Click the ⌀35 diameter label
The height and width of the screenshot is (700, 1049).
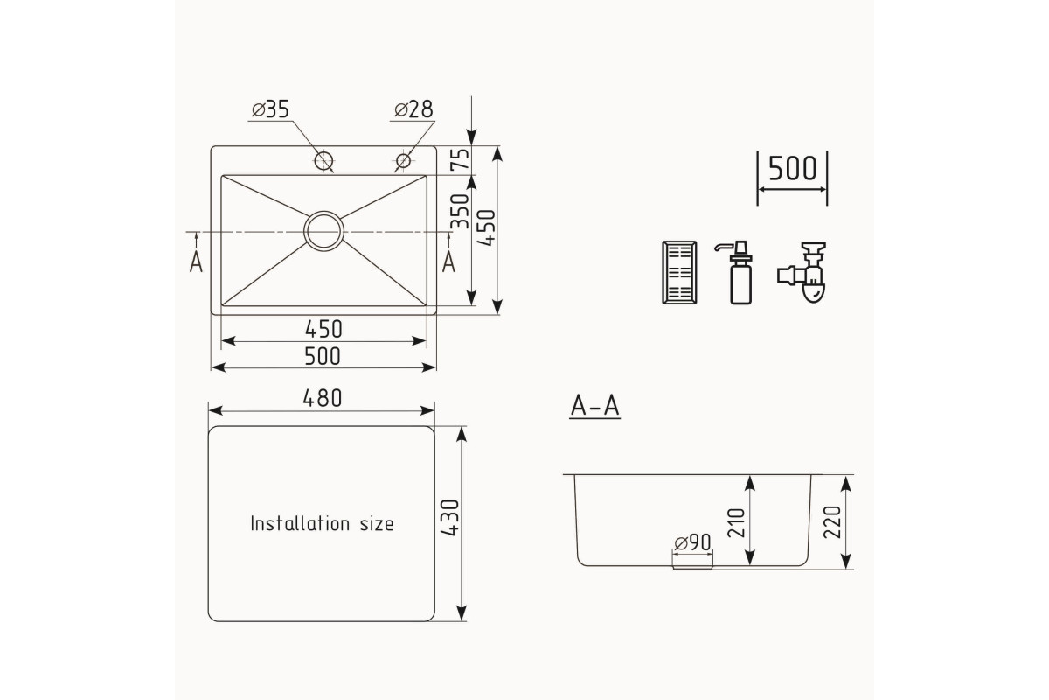271,109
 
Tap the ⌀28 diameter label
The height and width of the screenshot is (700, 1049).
413,109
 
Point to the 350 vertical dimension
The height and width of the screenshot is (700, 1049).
460,211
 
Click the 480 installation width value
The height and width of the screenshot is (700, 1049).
323,398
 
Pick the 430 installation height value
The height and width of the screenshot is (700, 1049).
449,518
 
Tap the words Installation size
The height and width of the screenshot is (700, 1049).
323,524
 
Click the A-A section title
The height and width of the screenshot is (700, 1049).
594,406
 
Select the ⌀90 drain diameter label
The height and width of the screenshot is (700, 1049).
692,542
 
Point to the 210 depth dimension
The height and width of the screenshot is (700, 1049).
736,522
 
